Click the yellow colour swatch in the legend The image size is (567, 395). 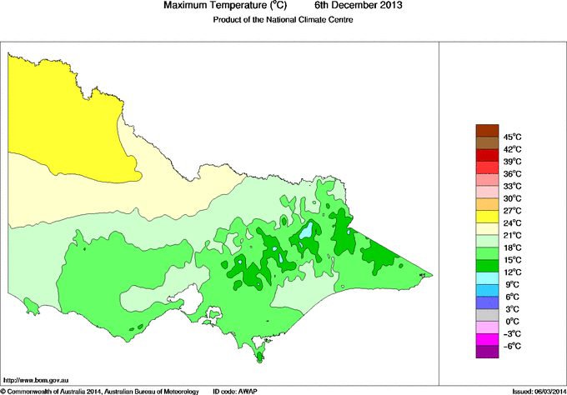click(486, 217)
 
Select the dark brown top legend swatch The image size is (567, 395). click(486, 130)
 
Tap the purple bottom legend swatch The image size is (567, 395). click(486, 352)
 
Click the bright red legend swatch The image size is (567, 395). click(486, 155)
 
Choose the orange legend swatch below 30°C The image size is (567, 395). click(486, 204)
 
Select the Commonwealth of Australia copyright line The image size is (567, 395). click(100, 390)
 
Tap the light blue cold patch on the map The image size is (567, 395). click(308, 230)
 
